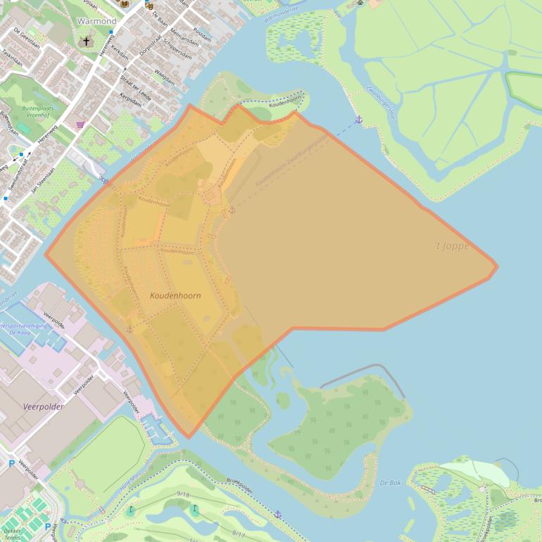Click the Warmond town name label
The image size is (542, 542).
click(x=96, y=21)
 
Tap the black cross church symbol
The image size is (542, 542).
click(x=87, y=42)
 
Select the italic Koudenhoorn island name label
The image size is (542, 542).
click(x=175, y=296)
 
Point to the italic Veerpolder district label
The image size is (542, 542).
click(x=43, y=407)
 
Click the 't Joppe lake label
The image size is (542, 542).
click(x=451, y=246)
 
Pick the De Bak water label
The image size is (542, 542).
click(x=390, y=483)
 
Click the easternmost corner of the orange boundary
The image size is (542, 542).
click(x=496, y=267)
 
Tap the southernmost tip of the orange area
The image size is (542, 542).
click(x=187, y=437)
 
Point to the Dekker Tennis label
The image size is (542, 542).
click(x=10, y=534)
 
